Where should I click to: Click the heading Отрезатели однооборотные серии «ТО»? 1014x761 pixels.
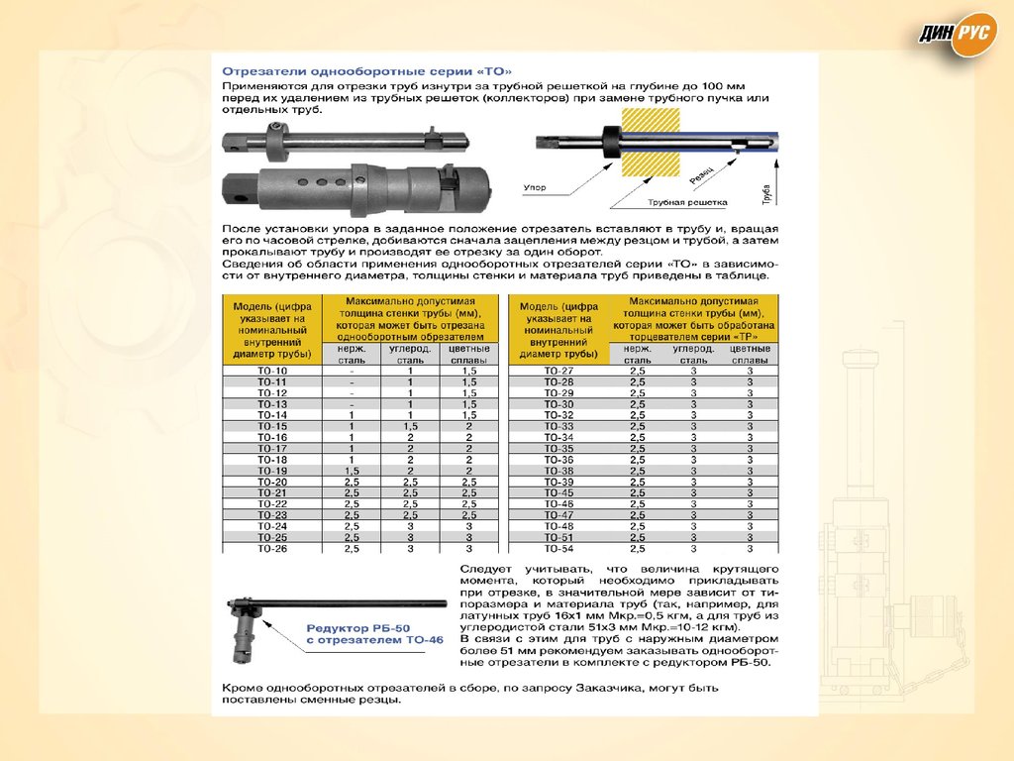point(367,72)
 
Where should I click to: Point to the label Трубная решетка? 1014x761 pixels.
point(687,202)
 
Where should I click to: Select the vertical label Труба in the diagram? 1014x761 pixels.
point(766,188)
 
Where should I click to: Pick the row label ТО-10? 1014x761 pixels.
point(272,371)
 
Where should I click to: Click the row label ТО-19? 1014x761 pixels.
point(272,471)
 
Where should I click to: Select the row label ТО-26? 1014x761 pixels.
point(272,548)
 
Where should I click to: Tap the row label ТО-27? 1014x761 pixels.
point(559,371)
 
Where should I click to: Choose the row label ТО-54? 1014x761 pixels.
point(559,548)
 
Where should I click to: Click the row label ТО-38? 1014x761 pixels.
point(559,471)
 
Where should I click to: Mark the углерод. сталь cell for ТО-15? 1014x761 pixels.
point(410,426)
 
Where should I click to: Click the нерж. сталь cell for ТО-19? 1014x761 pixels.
point(352,471)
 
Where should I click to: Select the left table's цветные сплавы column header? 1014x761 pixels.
point(468,355)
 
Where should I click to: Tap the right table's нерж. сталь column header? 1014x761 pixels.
point(637,355)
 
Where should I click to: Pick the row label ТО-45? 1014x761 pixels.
point(559,492)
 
